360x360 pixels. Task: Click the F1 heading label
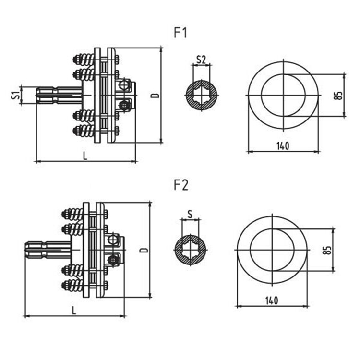tap(181, 33)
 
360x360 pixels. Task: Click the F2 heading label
tap(181, 185)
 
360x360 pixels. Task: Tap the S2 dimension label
tap(201, 60)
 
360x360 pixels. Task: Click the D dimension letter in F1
tap(155, 95)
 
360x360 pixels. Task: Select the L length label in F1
tap(85, 156)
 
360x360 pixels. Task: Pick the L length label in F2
tap(74, 310)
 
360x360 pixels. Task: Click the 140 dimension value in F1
tap(283, 146)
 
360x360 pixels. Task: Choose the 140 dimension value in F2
tap(272, 300)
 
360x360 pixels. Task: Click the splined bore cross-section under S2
tap(201, 95)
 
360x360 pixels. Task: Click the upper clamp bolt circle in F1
tap(124, 84)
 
